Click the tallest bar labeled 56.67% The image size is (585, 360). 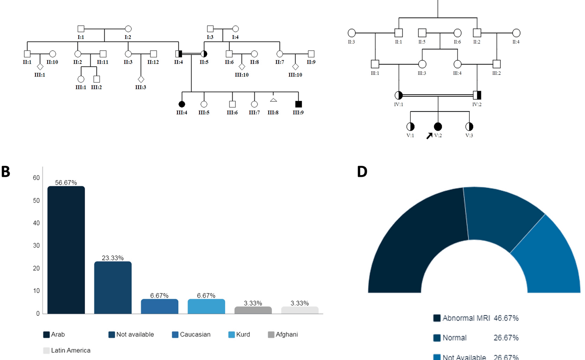click(x=66, y=250)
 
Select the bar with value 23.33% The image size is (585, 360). click(x=113, y=287)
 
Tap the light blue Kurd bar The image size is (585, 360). click(x=206, y=306)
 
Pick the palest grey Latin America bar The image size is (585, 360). click(x=300, y=310)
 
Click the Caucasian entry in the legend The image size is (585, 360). click(x=191, y=334)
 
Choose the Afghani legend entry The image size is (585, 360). click(x=283, y=334)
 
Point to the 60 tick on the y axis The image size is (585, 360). click(x=36, y=178)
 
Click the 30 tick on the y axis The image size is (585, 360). click(x=36, y=245)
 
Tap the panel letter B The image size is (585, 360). click(x=6, y=172)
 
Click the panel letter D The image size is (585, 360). click(x=362, y=172)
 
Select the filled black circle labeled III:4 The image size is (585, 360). click(x=182, y=104)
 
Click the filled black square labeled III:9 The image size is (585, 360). click(x=298, y=104)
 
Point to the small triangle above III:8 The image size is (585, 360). click(x=273, y=100)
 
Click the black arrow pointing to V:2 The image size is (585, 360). click(x=429, y=136)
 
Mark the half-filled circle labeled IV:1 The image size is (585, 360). click(x=398, y=95)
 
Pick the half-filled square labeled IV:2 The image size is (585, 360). click(x=477, y=95)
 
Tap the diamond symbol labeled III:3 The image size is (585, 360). click(x=141, y=79)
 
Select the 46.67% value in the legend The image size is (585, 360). click(x=506, y=318)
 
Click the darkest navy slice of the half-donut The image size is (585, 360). click(x=415, y=246)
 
